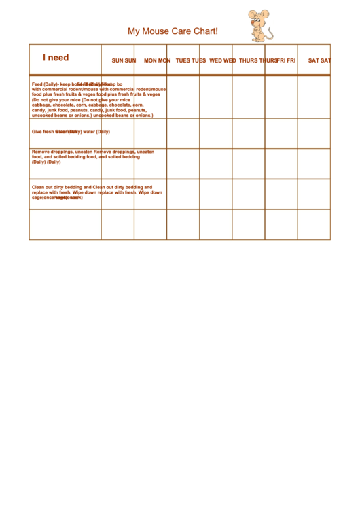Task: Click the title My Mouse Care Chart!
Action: click(173, 31)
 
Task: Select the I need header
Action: click(56, 58)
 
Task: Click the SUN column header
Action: click(124, 60)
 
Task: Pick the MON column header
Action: click(157, 60)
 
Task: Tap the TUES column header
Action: click(190, 60)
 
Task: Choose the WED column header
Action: click(222, 60)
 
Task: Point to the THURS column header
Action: click(258, 60)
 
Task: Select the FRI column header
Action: click(286, 60)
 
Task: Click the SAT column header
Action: click(319, 60)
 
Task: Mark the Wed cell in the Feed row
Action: click(216, 96)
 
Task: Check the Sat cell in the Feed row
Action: click(314, 96)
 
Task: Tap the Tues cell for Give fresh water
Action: click(183, 133)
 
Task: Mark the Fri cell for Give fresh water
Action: click(281, 133)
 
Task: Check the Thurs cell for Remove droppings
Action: click(249, 164)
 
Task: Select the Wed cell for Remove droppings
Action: click(216, 164)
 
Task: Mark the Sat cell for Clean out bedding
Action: click(314, 194)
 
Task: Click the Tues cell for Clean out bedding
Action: click(183, 194)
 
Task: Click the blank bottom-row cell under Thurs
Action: click(249, 224)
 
